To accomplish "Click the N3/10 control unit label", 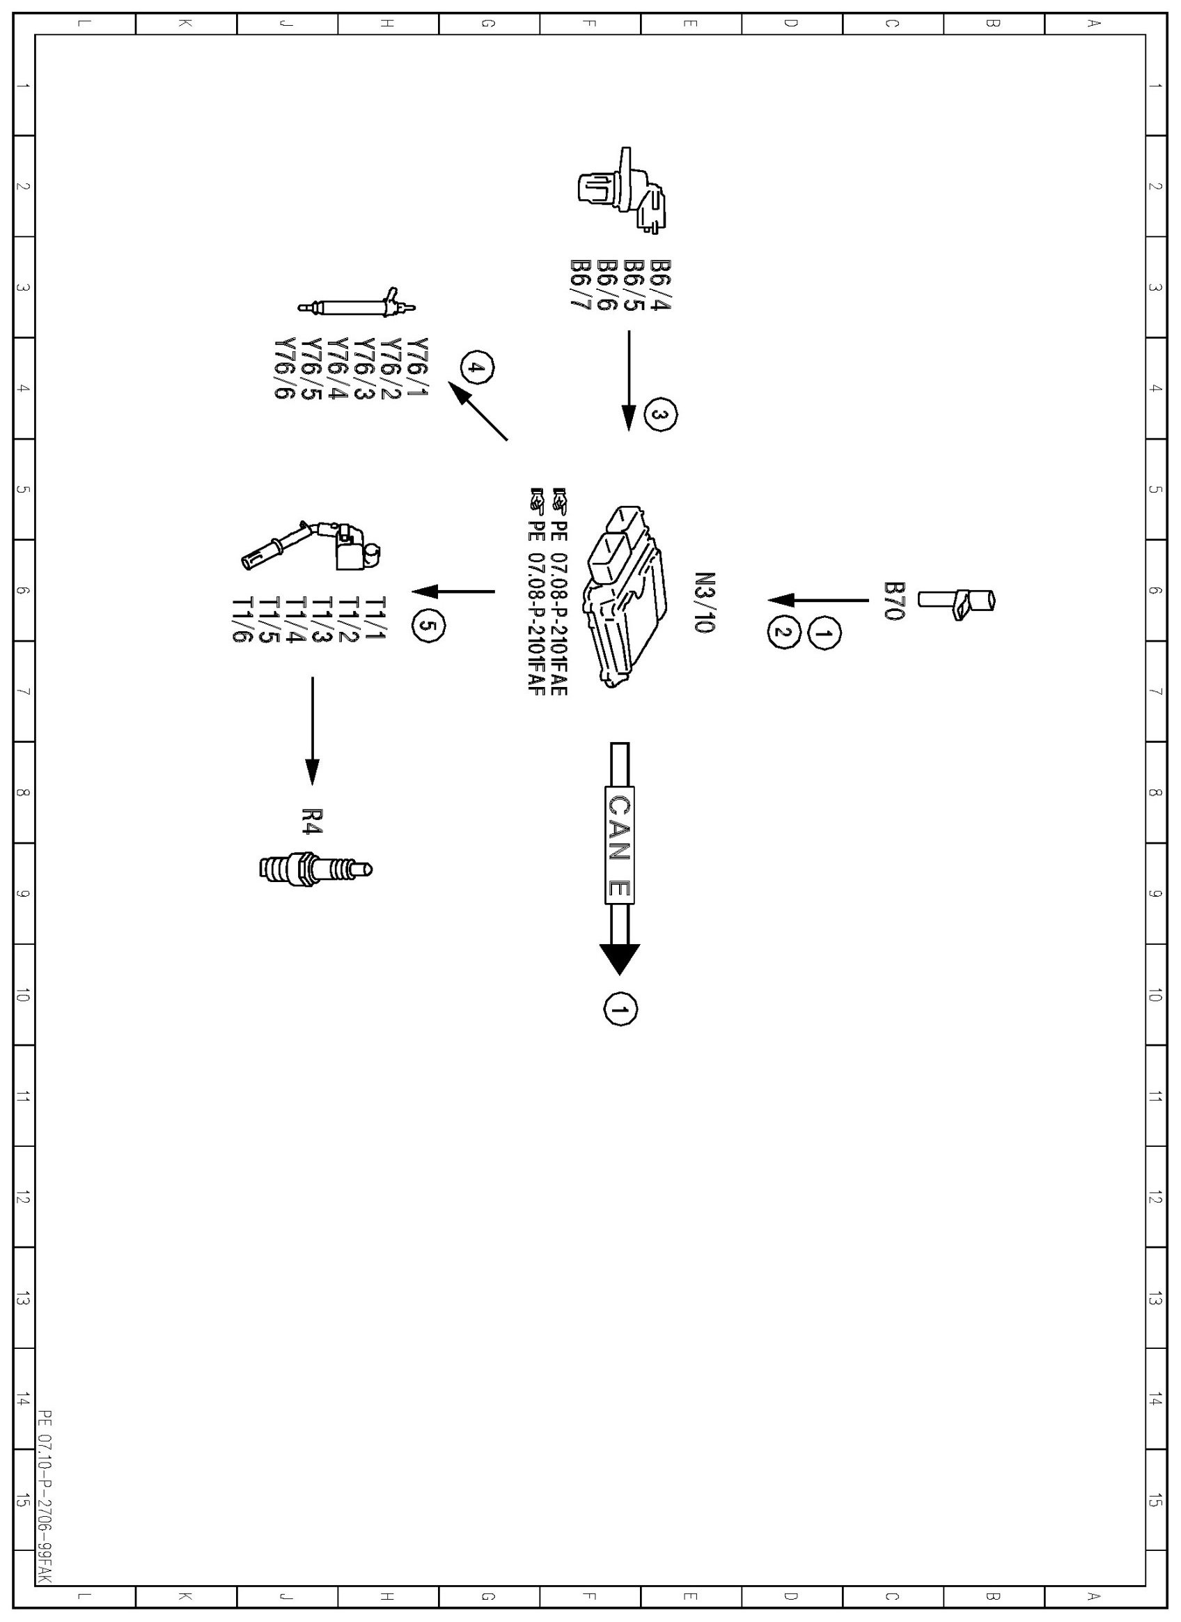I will (704, 601).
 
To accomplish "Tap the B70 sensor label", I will (894, 600).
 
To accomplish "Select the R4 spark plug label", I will (313, 820).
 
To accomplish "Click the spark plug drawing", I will (315, 869).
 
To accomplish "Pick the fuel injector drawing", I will (357, 307).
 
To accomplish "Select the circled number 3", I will (660, 415).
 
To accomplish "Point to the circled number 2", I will (783, 633).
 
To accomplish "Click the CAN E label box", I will (619, 845).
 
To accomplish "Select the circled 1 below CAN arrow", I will (620, 1009).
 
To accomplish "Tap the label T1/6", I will (241, 619).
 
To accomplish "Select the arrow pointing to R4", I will (313, 729).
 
